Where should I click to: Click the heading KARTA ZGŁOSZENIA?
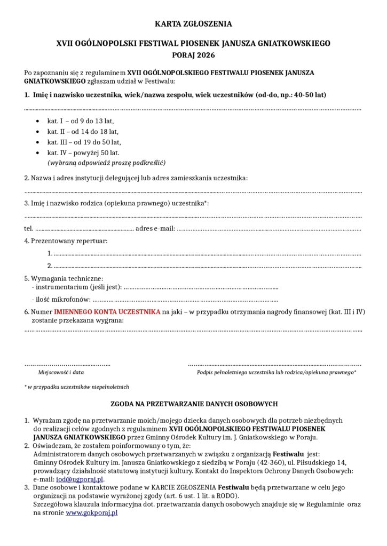(193, 24)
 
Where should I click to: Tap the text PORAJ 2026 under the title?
(193, 54)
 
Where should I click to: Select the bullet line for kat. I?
(80, 121)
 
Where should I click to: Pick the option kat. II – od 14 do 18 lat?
(83, 132)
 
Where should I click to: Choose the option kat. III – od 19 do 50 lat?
(84, 142)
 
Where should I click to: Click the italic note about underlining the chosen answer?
(106, 162)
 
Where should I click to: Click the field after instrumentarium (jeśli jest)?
(201, 288)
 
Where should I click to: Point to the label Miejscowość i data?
(60, 372)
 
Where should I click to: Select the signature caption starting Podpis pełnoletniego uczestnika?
(277, 372)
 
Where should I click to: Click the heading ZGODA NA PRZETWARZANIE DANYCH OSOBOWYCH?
(193, 404)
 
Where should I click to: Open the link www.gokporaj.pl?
(91, 512)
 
